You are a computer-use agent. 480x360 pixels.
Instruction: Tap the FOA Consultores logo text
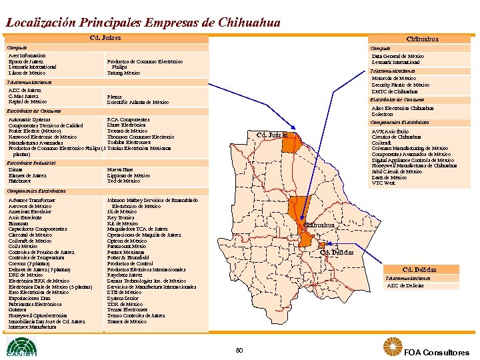[437, 352]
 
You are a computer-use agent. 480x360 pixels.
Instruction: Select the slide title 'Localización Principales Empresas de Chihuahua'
[143, 22]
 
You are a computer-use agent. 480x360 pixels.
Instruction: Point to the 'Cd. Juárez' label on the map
[272, 136]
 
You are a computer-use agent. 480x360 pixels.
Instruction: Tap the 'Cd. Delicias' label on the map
[336, 252]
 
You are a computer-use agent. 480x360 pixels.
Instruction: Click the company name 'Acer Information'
[27, 56]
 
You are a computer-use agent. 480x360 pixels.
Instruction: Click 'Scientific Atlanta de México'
[137, 102]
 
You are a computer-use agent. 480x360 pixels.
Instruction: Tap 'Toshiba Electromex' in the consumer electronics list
[129, 142]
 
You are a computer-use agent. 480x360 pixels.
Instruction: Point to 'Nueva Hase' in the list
[119, 169]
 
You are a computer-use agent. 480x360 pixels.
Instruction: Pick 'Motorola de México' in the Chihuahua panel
[393, 78]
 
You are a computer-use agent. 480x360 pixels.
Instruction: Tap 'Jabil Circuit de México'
[397, 171]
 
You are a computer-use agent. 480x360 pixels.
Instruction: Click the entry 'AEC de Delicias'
[405, 285]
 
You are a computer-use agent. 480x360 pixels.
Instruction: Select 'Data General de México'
[397, 56]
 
